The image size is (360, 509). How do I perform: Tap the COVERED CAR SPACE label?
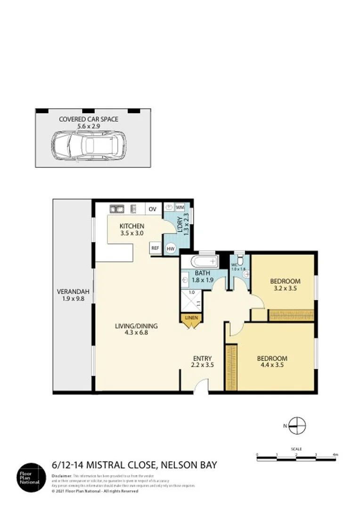pos(89,119)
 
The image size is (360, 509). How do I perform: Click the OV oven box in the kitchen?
pos(152,209)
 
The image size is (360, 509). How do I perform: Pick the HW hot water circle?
pos(170,249)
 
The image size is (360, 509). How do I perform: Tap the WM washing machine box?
pos(180,207)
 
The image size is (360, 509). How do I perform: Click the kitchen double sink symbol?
pos(116,208)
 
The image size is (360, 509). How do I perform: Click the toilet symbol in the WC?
pos(240,260)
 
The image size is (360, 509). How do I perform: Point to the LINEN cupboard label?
pos(191,318)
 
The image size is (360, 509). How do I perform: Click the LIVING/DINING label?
pos(136,326)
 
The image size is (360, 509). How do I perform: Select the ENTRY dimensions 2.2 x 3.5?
pos(202,364)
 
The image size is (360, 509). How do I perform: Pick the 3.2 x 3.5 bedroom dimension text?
pos(285,288)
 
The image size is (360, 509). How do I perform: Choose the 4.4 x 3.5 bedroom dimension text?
pos(272,365)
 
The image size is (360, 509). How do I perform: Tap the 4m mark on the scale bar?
pos(335,455)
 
